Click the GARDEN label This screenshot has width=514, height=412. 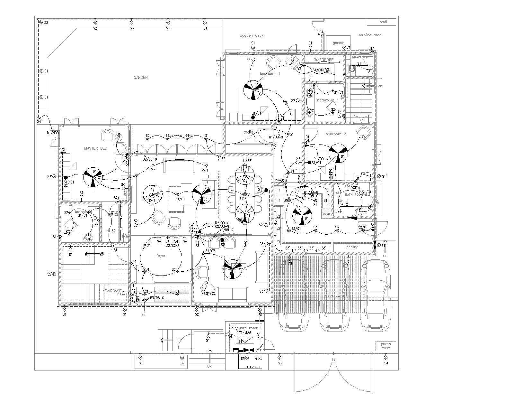[141, 78]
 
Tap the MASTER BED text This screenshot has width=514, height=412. [95, 148]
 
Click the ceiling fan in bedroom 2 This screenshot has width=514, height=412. [338, 153]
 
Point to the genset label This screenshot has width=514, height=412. [338, 43]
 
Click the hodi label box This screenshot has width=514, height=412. [383, 22]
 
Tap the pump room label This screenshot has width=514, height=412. [385, 346]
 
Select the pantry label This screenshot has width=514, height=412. [352, 247]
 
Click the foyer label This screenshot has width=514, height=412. [161, 256]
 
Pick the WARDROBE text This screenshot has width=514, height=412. [324, 60]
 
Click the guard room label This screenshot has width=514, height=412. [247, 328]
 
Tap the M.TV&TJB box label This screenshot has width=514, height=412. [253, 367]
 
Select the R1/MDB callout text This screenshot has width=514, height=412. [53, 133]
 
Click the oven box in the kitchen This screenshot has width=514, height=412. [326, 213]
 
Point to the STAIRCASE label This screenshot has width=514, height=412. [112, 291]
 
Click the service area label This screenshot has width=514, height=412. [370, 35]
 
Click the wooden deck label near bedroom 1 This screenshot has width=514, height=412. [251, 35]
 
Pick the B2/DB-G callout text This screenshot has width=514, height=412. [150, 159]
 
